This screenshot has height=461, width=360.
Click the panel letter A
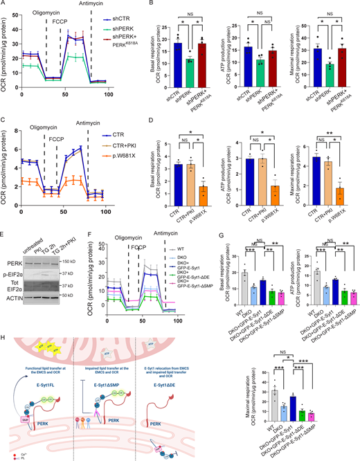coord(4,5)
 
